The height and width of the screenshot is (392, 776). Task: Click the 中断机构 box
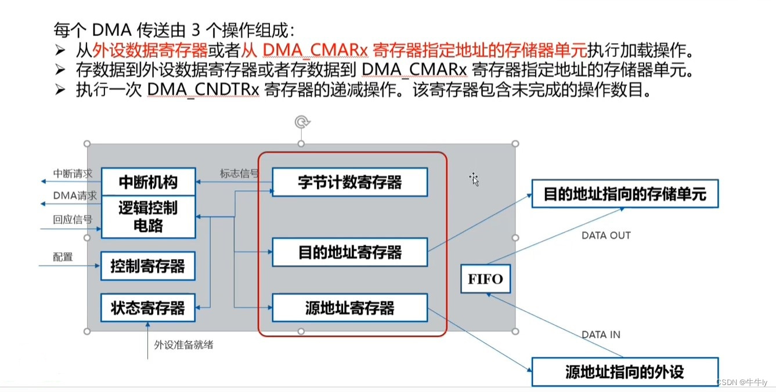click(148, 183)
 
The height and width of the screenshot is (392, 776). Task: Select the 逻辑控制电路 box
click(148, 217)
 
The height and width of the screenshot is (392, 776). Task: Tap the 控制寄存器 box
click(148, 266)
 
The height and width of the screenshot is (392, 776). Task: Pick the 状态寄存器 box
click(148, 308)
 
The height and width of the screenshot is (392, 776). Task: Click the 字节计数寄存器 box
click(349, 183)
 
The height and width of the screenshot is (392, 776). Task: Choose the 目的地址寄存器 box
click(349, 252)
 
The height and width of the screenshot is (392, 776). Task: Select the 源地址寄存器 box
click(349, 308)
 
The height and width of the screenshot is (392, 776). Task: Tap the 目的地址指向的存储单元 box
click(625, 194)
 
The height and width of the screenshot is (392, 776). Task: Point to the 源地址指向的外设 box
click(625, 372)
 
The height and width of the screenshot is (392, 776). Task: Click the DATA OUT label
click(606, 235)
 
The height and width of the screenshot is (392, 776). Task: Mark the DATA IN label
click(601, 335)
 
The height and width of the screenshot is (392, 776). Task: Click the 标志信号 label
click(239, 173)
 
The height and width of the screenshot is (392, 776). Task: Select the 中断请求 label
click(73, 173)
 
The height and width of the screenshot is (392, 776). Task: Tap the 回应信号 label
click(73, 219)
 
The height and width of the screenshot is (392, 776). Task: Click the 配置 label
click(63, 257)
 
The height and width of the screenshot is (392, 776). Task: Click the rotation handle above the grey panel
click(301, 122)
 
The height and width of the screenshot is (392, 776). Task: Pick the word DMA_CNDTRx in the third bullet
click(203, 90)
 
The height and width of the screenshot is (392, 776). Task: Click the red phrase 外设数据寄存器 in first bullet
click(150, 50)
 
